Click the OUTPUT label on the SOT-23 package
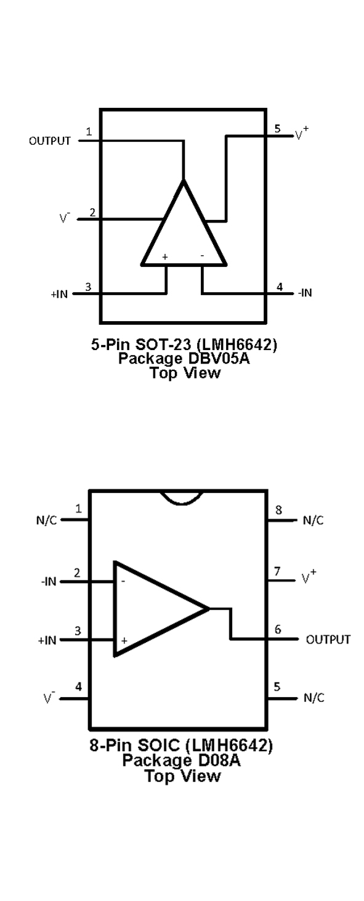pyautogui.click(x=49, y=141)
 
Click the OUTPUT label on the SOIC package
pyautogui.click(x=328, y=640)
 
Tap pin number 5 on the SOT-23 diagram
pyautogui.click(x=278, y=128)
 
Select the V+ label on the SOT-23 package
pyautogui.click(x=302, y=133)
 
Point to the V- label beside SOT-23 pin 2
pyautogui.click(x=65, y=218)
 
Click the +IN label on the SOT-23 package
pyautogui.click(x=59, y=295)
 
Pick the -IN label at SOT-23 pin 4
pyautogui.click(x=305, y=293)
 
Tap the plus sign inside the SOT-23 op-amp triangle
pyautogui.click(x=165, y=256)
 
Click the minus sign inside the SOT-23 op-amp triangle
pyautogui.click(x=202, y=255)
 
